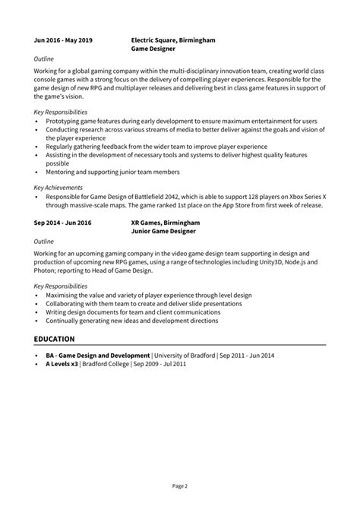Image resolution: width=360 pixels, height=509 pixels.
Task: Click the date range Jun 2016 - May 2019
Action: [x=63, y=39]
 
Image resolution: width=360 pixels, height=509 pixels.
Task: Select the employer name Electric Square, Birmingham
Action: [x=173, y=39]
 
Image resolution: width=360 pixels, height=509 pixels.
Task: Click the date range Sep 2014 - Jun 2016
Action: [x=62, y=223]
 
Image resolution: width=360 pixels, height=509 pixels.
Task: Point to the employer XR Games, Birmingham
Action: [x=165, y=223]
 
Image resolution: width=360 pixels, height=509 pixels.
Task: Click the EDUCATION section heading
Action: [x=55, y=338]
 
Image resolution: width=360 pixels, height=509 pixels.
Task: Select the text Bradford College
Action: [x=107, y=364]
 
